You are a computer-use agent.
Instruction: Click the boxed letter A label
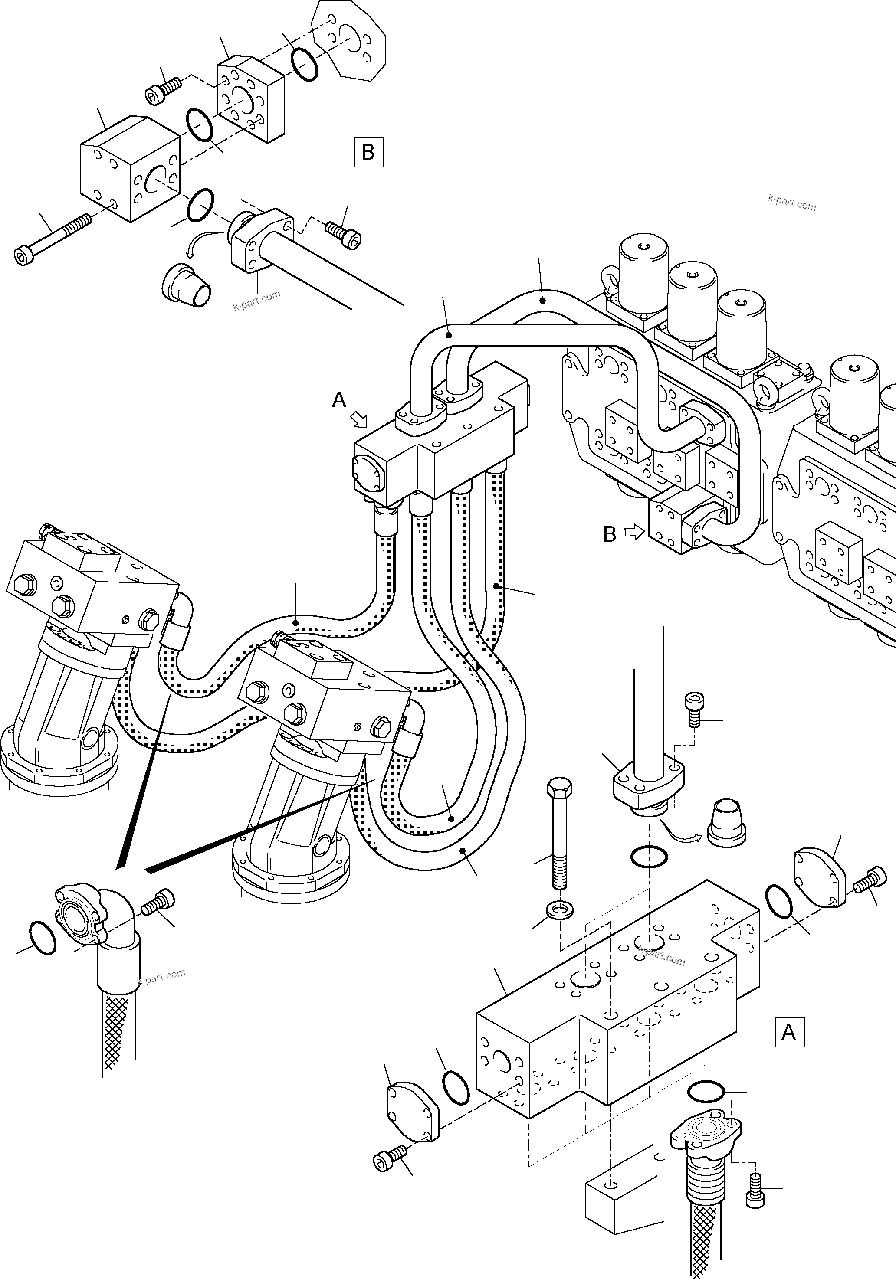[x=789, y=1032]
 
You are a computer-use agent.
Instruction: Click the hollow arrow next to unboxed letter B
[x=633, y=533]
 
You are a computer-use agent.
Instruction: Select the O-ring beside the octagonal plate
[x=304, y=63]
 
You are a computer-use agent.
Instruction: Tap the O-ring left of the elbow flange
[x=41, y=939]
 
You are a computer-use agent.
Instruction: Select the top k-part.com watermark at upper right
[x=791, y=203]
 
